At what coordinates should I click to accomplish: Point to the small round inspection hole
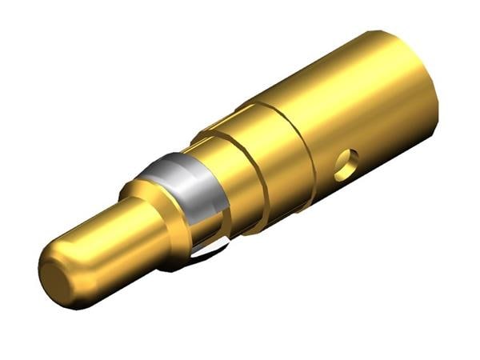point(345,164)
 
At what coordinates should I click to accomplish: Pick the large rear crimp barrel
point(360,112)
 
